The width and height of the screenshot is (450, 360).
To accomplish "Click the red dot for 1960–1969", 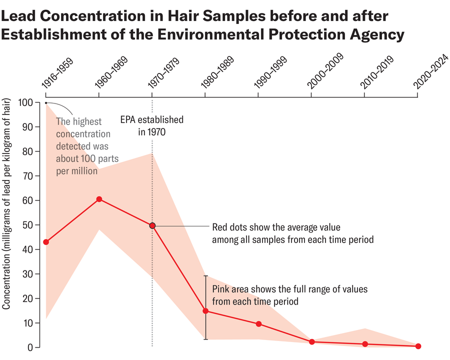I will pyautogui.click(x=99, y=199).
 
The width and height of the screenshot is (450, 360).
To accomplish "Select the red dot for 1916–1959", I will pyautogui.click(x=46, y=242).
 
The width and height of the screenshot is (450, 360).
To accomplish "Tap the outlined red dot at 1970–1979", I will pyautogui.click(x=152, y=225).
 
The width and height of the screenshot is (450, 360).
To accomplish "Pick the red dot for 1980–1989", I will pyautogui.click(x=205, y=311).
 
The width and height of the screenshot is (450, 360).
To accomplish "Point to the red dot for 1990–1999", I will pyautogui.click(x=258, y=324).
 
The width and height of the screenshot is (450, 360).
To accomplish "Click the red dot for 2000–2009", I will pyautogui.click(x=312, y=342).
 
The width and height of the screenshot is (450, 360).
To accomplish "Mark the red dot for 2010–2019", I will pyautogui.click(x=365, y=344).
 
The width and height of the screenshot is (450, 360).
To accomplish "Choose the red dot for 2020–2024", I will pyautogui.click(x=418, y=346).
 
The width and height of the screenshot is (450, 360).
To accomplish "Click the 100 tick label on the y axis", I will pyautogui.click(x=25, y=102).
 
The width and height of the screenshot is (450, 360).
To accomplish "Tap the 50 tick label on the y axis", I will pyautogui.click(x=28, y=225).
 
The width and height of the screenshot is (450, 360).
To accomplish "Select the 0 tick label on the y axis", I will pyautogui.click(x=30, y=347).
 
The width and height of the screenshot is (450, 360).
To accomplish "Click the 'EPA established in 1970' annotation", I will pyautogui.click(x=152, y=126).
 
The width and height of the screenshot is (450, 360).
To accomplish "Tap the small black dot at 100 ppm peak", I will pyautogui.click(x=46, y=103).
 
